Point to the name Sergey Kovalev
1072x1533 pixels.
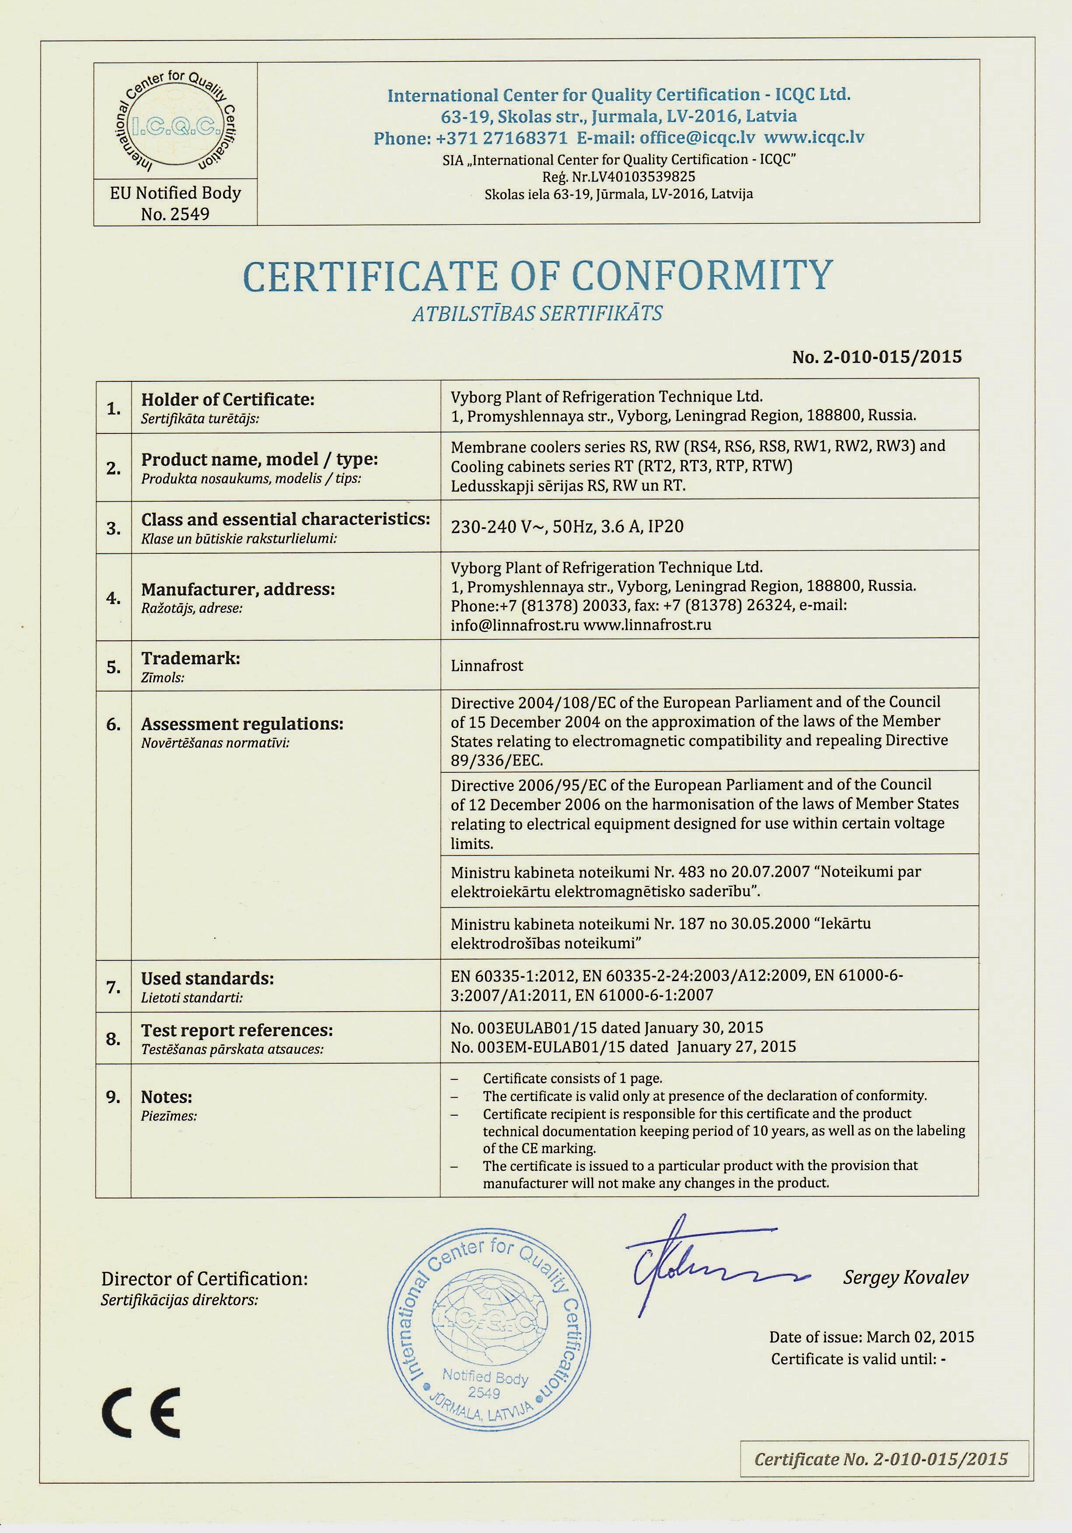(905, 1277)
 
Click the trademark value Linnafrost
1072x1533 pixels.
(487, 666)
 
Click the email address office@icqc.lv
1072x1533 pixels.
(697, 137)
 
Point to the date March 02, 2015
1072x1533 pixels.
(921, 1337)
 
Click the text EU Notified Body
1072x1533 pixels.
(175, 193)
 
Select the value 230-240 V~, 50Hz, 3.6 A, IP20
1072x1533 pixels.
(567, 526)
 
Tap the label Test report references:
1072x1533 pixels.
(237, 1030)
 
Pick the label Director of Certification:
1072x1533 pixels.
(204, 1278)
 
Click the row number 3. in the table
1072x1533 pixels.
(113, 528)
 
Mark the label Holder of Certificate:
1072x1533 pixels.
(227, 399)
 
